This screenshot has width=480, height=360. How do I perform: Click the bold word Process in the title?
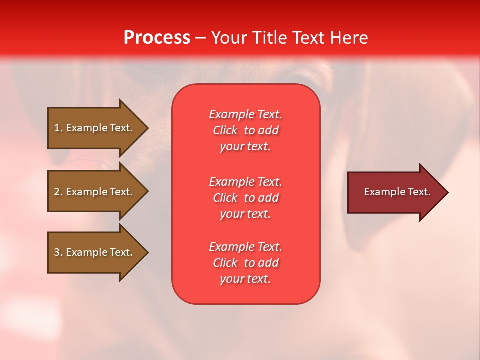tap(157, 38)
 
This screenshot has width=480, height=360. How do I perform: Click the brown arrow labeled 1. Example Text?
tap(93, 128)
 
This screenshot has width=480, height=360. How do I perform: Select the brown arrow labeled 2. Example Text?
tap(93, 192)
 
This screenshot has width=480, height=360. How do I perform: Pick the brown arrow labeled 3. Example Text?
tap(93, 252)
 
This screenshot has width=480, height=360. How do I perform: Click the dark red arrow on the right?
tap(395, 192)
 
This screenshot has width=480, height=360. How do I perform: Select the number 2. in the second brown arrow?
tap(58, 192)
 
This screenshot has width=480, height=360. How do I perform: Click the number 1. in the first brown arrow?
tap(58, 128)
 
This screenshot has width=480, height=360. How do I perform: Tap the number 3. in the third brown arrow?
tap(58, 252)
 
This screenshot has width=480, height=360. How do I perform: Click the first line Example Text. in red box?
tap(245, 114)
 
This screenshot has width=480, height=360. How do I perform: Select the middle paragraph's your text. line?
tap(245, 214)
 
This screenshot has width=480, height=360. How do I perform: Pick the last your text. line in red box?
tap(245, 279)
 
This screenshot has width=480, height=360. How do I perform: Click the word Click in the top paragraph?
tap(225, 130)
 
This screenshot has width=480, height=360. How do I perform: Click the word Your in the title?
tap(229, 38)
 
